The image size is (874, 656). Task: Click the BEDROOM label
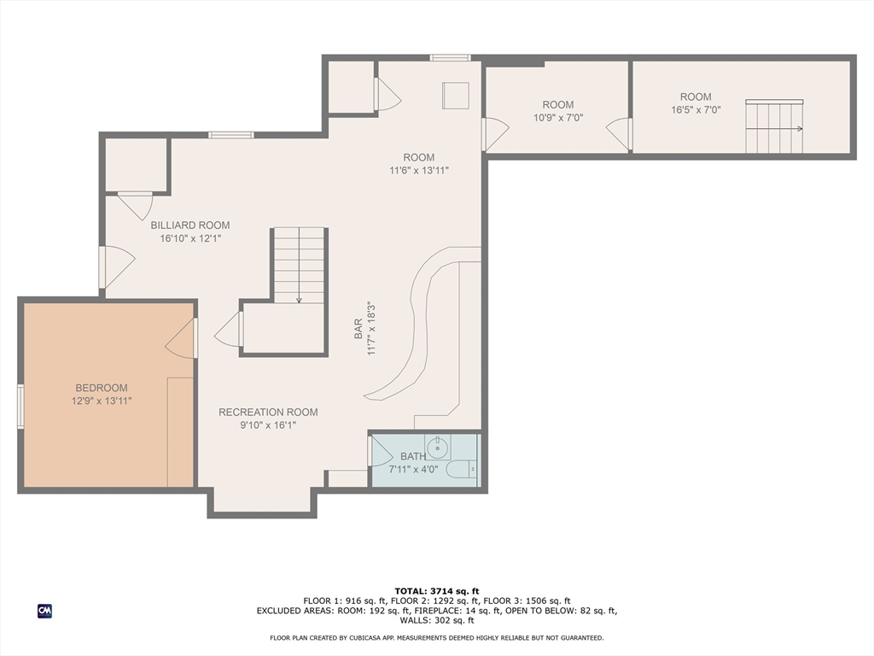coord(102,388)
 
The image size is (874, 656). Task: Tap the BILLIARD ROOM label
coord(190,225)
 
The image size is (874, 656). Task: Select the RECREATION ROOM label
coord(268,413)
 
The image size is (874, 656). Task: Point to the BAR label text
coord(358,329)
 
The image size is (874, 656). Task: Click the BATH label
coord(413,456)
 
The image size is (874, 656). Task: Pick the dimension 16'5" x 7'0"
coord(696,110)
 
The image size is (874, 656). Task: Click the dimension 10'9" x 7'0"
coord(558,118)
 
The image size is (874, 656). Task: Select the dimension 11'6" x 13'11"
coord(418,171)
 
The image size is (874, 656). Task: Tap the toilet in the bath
coord(462,470)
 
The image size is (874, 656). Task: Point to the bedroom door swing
coord(179,338)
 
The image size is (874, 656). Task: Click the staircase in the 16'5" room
coord(774,126)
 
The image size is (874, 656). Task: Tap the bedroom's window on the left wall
coord(20,406)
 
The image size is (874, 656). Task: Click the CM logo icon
coord(44,611)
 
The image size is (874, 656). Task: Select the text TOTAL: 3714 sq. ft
coord(437,591)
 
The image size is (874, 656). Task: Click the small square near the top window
coord(456,96)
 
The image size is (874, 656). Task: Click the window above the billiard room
coord(230,135)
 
